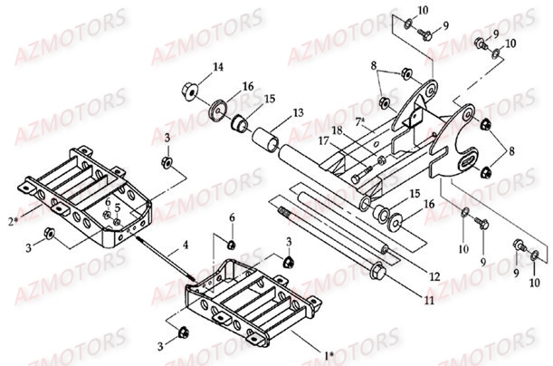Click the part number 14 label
(217, 66)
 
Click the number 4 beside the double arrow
(185, 244)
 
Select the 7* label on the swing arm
(360, 120)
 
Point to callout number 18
(337, 130)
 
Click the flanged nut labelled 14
(191, 91)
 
